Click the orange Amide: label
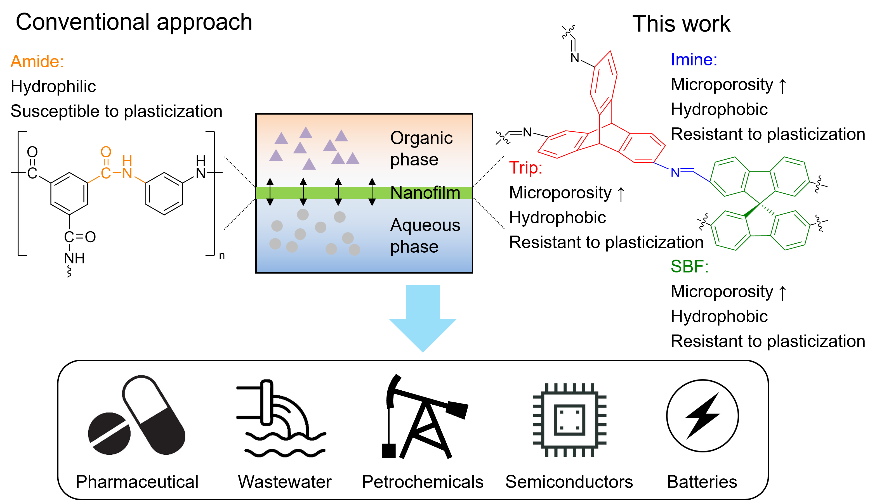pyautogui.click(x=37, y=61)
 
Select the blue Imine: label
pyautogui.click(x=694, y=60)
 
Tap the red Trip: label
pyautogui.click(x=525, y=168)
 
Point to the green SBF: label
pyautogui.click(x=689, y=266)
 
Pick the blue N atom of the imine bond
pyautogui.click(x=675, y=172)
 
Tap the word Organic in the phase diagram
pyautogui.click(x=421, y=138)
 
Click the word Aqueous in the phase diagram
pyautogui.click(x=425, y=225)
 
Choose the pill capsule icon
pyautogui.click(x=154, y=415)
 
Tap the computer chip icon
pyautogui.click(x=570, y=421)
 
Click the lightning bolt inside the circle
pyautogui.click(x=703, y=416)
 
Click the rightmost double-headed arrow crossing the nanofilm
pyautogui.click(x=372, y=192)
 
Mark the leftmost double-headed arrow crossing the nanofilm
pyautogui.click(x=270, y=192)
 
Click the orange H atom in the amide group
pyautogui.click(x=127, y=160)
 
